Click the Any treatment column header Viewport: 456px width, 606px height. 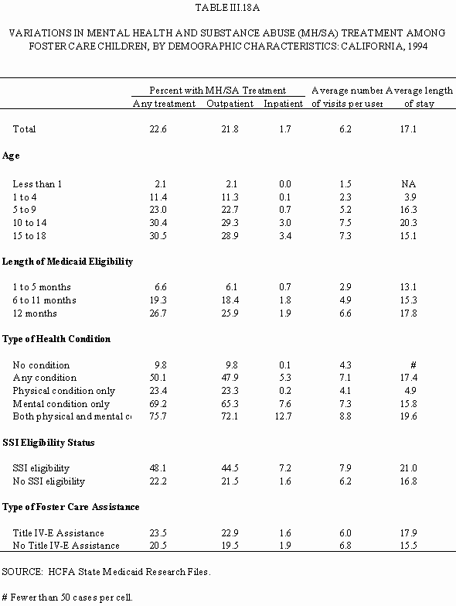point(164,104)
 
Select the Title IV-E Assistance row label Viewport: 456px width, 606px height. point(58,533)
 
